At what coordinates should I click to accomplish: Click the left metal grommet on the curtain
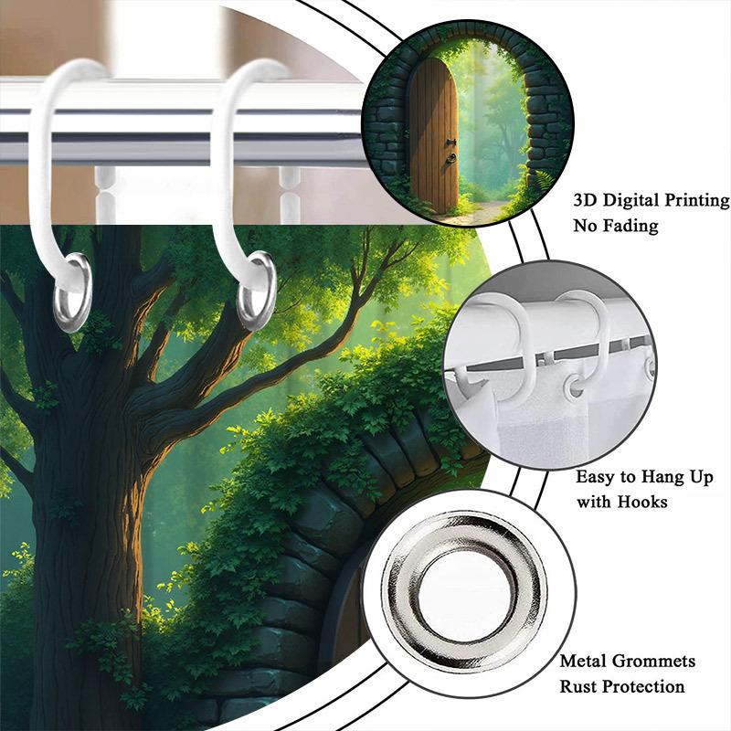[x=72, y=291]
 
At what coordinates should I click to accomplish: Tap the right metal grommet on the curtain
[x=257, y=291]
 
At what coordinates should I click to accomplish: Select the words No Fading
[x=615, y=226]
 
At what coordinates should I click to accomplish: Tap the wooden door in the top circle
[x=432, y=137]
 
